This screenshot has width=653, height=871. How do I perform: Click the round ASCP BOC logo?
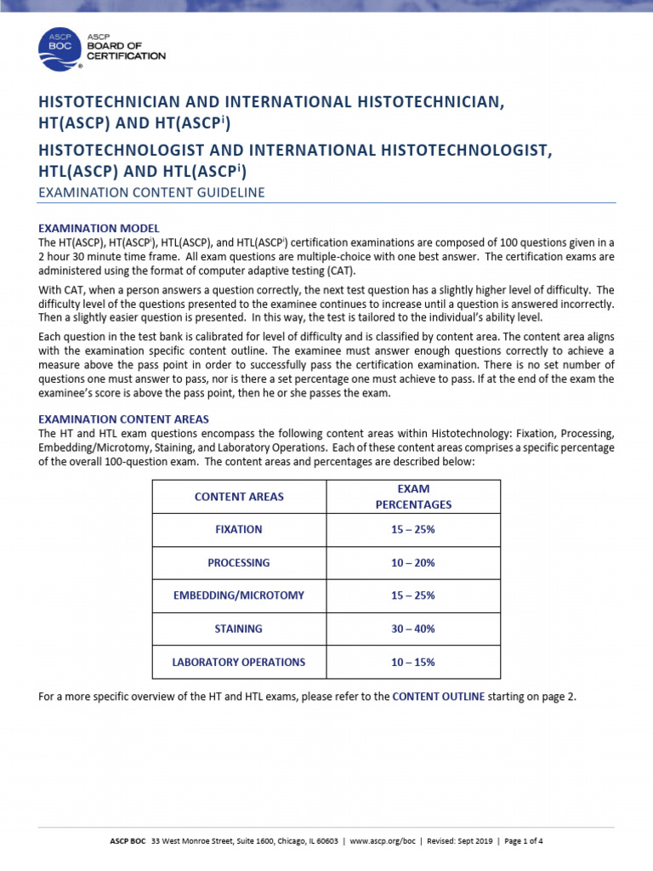60,49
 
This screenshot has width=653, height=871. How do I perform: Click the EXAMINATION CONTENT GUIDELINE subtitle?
152,193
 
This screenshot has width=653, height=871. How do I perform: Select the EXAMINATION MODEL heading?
99,229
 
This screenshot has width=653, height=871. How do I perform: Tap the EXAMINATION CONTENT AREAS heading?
124,419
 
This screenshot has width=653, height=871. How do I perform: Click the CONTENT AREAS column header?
239,497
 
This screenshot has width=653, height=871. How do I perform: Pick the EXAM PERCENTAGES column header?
413,497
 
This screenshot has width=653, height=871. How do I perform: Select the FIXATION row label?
239,530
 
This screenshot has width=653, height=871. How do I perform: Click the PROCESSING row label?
239,563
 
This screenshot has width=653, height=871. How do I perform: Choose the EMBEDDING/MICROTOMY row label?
239,596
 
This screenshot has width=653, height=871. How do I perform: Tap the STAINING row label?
239,629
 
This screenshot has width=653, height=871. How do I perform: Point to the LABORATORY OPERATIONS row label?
239,663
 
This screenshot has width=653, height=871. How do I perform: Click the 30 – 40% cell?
413,629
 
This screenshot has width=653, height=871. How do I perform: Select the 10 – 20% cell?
413,563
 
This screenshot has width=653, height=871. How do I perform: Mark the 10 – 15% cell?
413,663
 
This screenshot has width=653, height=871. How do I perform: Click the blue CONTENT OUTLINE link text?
439,697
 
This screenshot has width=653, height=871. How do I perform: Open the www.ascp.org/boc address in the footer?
382,840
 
